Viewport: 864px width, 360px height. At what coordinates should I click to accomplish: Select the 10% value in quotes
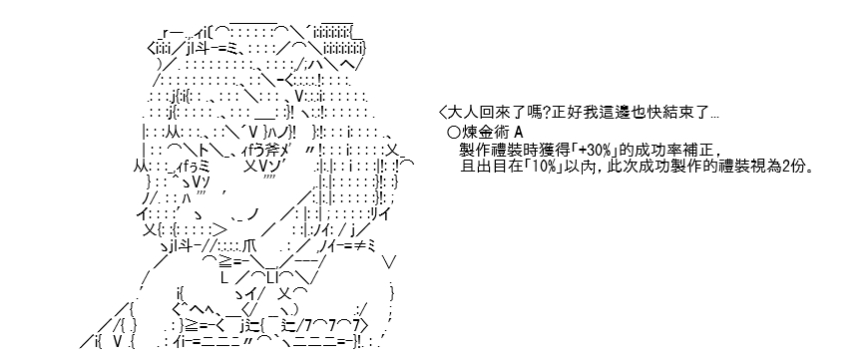[537, 167]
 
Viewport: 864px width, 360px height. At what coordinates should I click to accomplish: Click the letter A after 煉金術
[518, 133]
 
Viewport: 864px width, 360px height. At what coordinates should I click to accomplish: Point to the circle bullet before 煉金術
[454, 133]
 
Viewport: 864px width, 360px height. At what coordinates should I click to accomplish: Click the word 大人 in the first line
[462, 114]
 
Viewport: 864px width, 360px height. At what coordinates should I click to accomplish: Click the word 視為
[768, 167]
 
